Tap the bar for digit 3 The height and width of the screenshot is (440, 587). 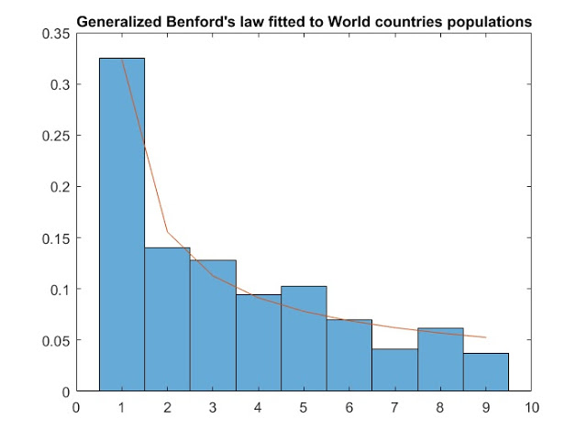click(x=213, y=325)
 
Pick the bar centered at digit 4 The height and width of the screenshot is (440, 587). click(x=258, y=343)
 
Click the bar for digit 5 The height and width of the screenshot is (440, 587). click(x=304, y=338)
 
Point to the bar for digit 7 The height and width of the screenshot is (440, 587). click(x=394, y=370)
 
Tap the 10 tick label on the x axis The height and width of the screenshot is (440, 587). click(x=531, y=406)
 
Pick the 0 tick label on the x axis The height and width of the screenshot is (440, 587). click(x=76, y=406)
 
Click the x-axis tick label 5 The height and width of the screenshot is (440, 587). click(x=304, y=406)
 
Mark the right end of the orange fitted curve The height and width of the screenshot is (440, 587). click(x=485, y=337)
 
